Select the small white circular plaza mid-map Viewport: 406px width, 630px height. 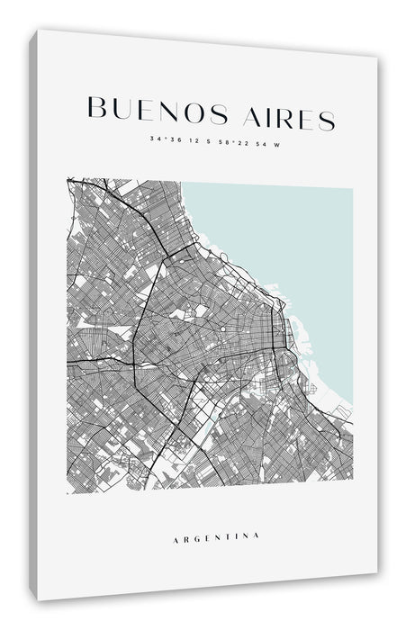point(201,311)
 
